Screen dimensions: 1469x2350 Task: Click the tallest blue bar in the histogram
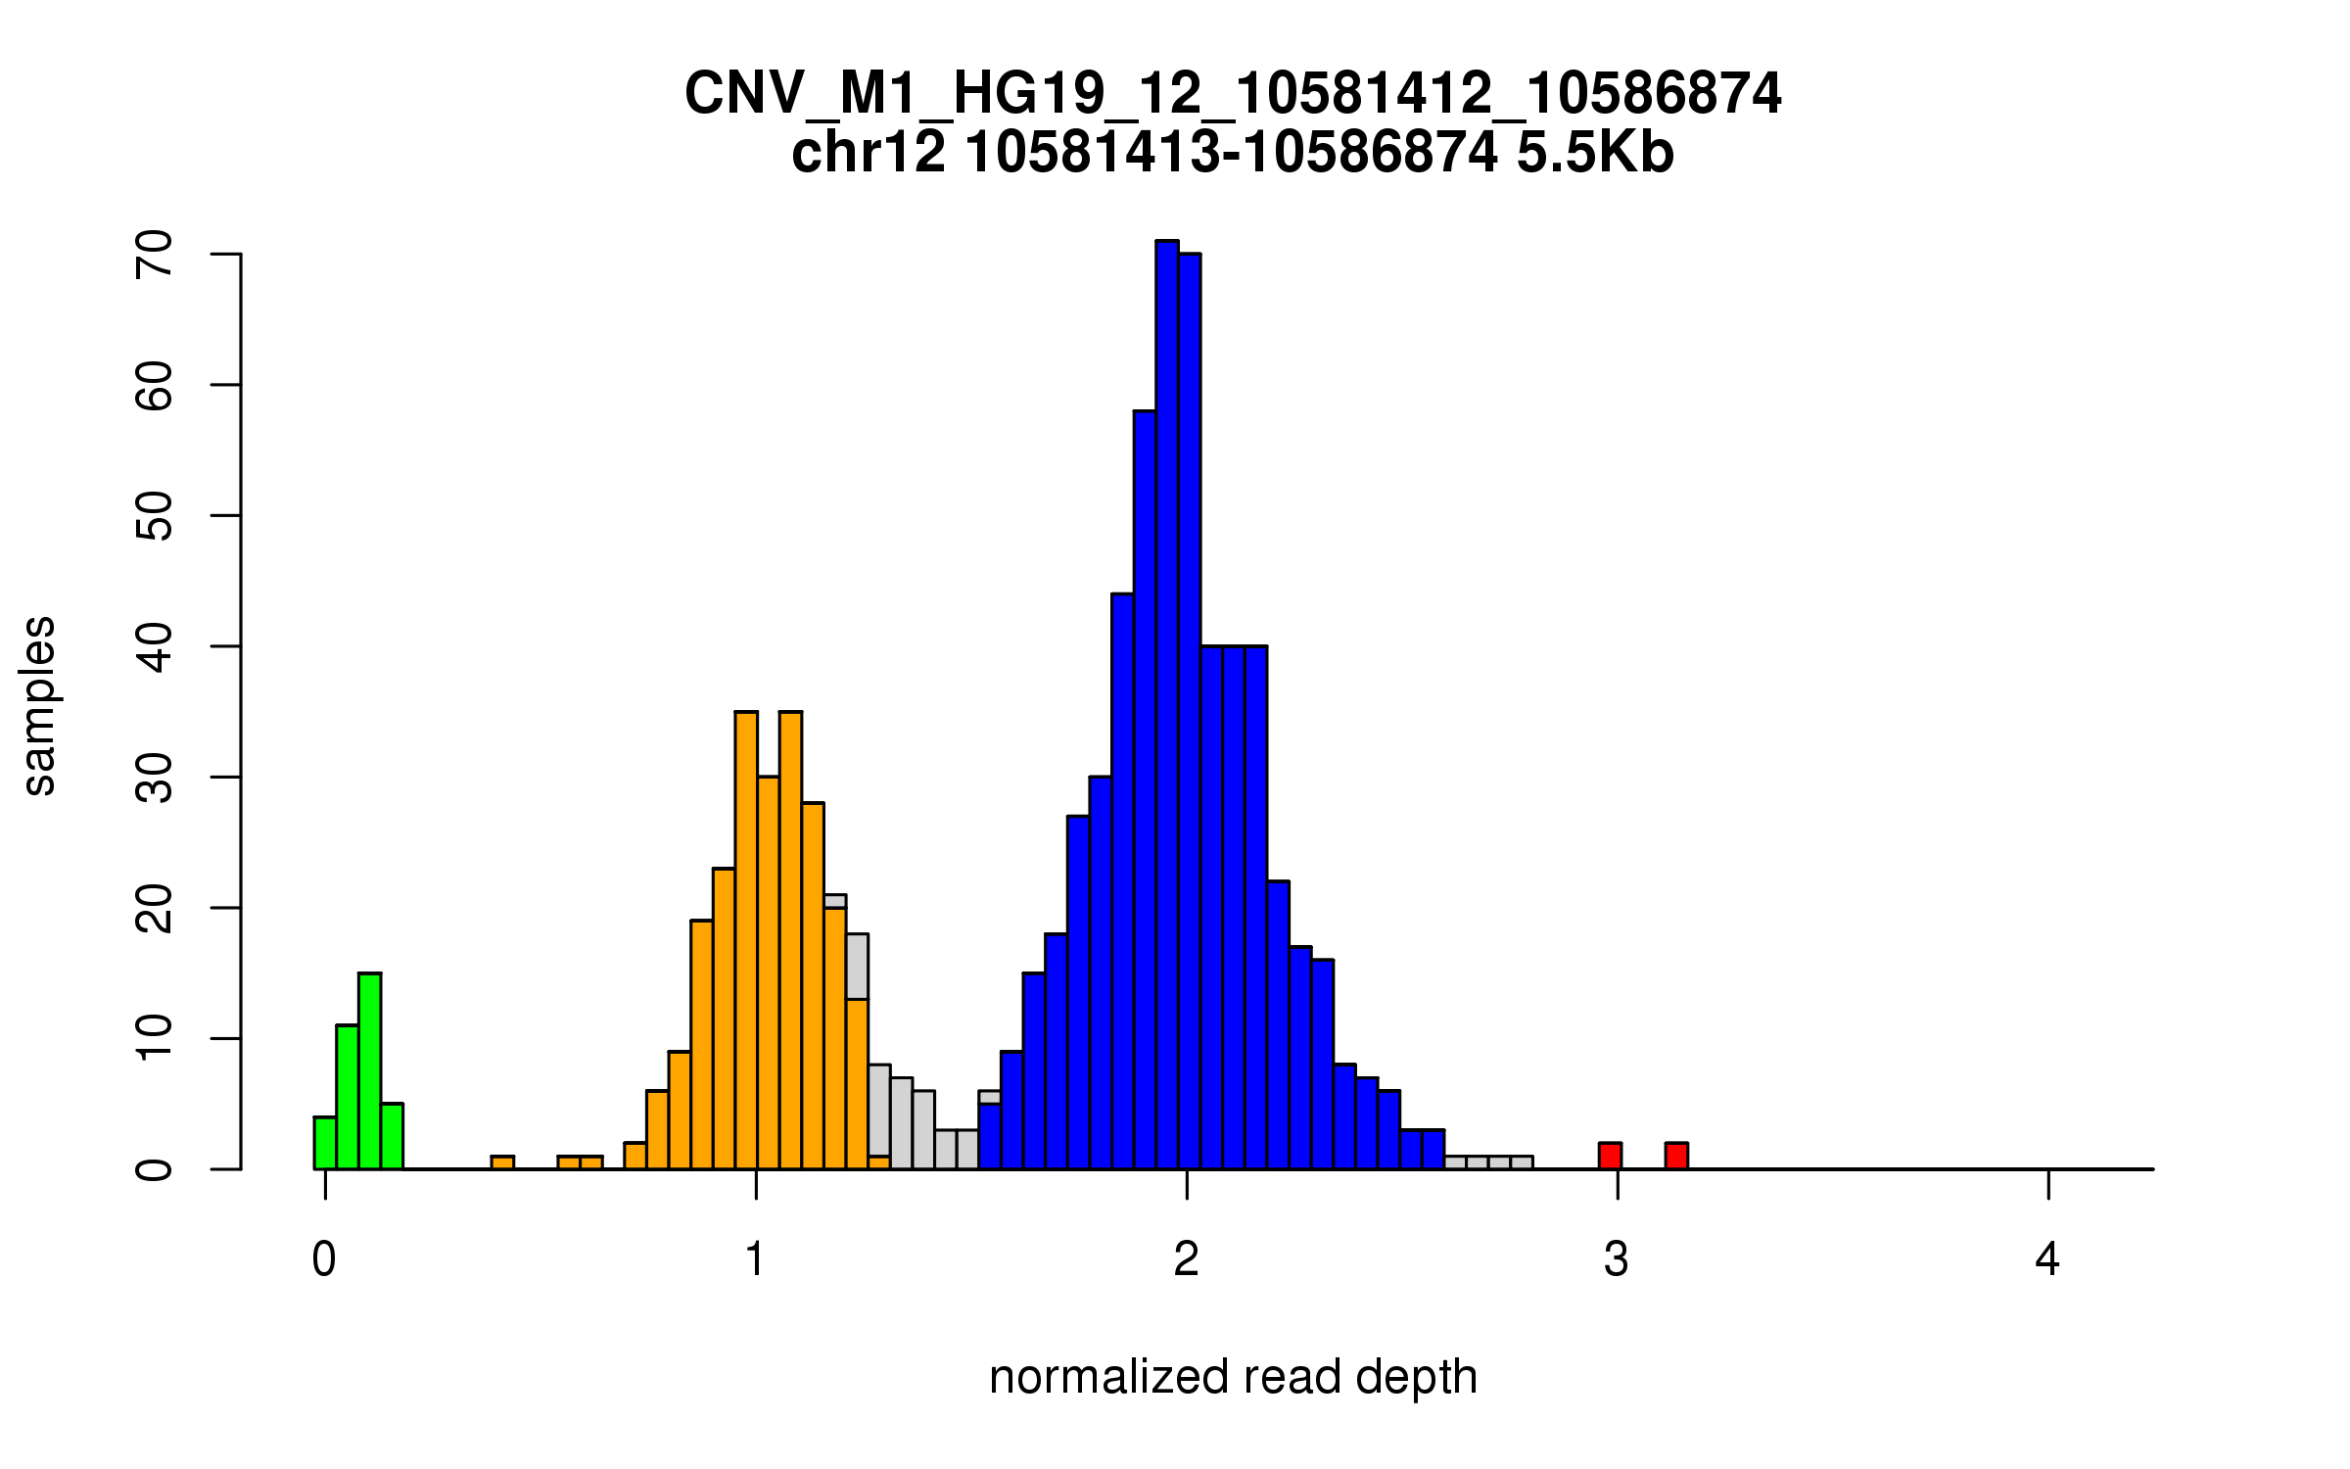(1166, 705)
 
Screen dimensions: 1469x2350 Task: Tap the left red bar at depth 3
(1610, 1156)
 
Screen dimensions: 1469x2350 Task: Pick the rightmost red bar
(1676, 1156)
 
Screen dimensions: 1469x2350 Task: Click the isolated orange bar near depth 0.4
(502, 1162)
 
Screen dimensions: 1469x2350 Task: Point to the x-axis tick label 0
(324, 1259)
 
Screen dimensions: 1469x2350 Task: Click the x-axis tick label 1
(755, 1259)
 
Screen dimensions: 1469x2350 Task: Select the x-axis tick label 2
(1186, 1259)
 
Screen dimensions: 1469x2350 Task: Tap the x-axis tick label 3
(1617, 1259)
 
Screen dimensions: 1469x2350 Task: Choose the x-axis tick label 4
(2047, 1259)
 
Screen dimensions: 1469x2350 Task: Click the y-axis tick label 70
(155, 255)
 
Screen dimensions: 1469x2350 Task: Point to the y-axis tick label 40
(155, 646)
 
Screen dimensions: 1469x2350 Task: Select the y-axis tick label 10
(155, 1038)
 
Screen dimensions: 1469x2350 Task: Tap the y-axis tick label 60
(155, 385)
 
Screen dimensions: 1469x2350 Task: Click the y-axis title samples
(39, 705)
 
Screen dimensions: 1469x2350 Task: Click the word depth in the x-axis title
(1416, 1377)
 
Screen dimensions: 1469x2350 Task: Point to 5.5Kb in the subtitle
(1595, 153)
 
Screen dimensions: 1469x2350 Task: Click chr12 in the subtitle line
(869, 153)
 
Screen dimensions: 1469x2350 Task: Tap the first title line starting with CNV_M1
(1233, 94)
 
